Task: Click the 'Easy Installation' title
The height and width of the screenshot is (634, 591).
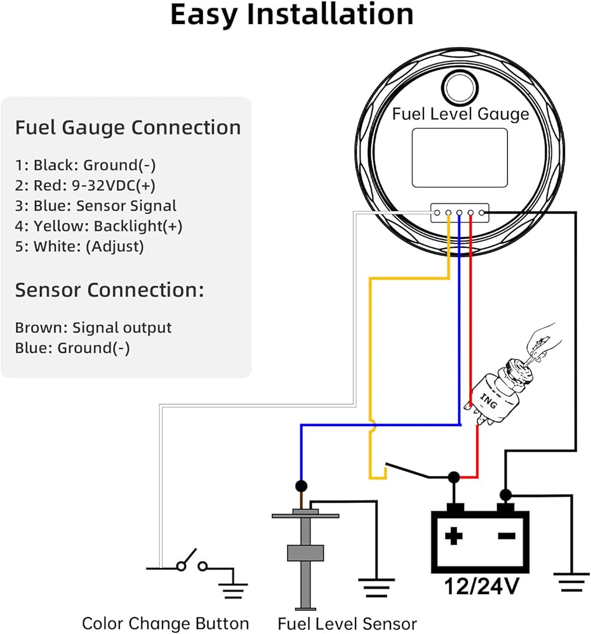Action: pyautogui.click(x=292, y=15)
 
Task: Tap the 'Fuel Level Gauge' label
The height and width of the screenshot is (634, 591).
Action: pyautogui.click(x=460, y=114)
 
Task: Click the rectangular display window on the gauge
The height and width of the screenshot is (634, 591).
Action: pyautogui.click(x=460, y=157)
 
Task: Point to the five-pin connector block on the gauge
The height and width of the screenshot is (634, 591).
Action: pyautogui.click(x=460, y=213)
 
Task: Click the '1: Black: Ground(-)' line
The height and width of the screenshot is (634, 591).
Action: pyautogui.click(x=86, y=165)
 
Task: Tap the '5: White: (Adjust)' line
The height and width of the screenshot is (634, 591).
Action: pyautogui.click(x=79, y=246)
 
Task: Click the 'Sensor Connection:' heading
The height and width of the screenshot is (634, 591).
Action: pyautogui.click(x=110, y=290)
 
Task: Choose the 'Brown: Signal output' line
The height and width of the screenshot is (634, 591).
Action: pyautogui.click(x=93, y=328)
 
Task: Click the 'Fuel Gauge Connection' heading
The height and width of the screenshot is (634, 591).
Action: pyautogui.click(x=128, y=127)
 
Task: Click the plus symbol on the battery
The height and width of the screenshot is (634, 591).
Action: pyautogui.click(x=453, y=536)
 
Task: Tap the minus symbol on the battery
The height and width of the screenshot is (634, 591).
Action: pyautogui.click(x=506, y=536)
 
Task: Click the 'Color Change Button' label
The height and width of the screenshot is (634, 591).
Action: pyautogui.click(x=165, y=623)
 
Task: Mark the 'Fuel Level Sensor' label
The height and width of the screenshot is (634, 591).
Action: pyautogui.click(x=347, y=623)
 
